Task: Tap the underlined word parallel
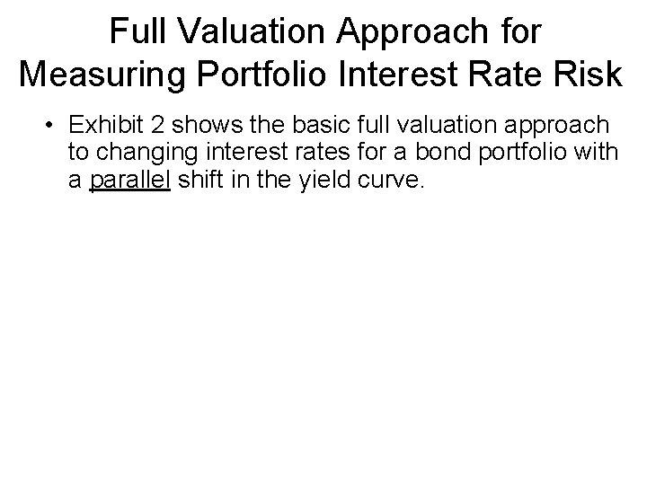[129, 180]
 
